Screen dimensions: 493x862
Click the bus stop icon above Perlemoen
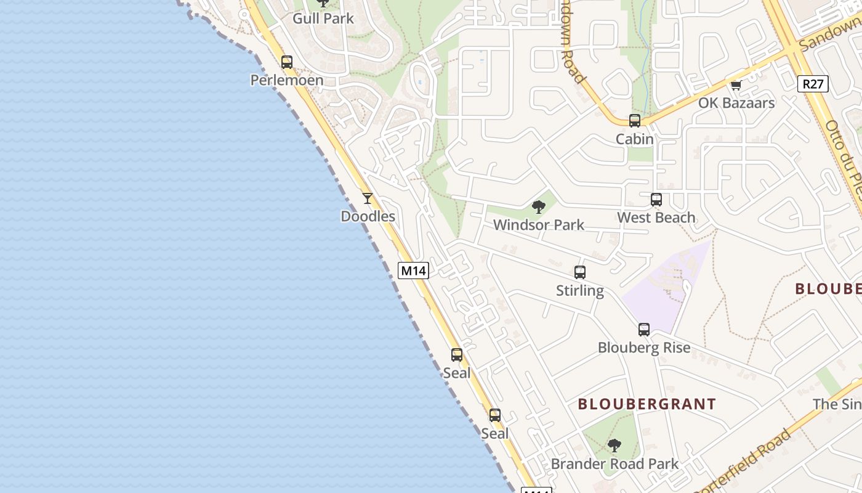[287, 62]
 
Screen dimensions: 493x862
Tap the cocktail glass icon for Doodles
[368, 198]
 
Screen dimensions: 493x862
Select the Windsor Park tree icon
[539, 207]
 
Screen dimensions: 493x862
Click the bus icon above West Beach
[656, 200]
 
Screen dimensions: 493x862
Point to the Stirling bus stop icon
[580, 272]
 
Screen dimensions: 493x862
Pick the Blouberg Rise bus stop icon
[644, 330]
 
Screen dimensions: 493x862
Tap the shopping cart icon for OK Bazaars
[736, 85]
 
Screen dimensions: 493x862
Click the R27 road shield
[813, 84]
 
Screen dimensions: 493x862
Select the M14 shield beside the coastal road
[413, 271]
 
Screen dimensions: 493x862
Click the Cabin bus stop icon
[635, 121]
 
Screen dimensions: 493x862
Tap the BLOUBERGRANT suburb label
[647, 404]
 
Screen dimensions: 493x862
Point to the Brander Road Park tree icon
[614, 446]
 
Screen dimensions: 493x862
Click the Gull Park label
[323, 18]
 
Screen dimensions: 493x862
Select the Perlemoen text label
[287, 80]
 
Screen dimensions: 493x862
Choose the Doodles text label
[368, 216]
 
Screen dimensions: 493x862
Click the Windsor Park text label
[539, 225]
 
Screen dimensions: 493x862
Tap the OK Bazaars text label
[736, 103]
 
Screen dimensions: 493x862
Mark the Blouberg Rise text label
[644, 348]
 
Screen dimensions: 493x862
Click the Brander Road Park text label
[614, 464]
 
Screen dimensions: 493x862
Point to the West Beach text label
[656, 218]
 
